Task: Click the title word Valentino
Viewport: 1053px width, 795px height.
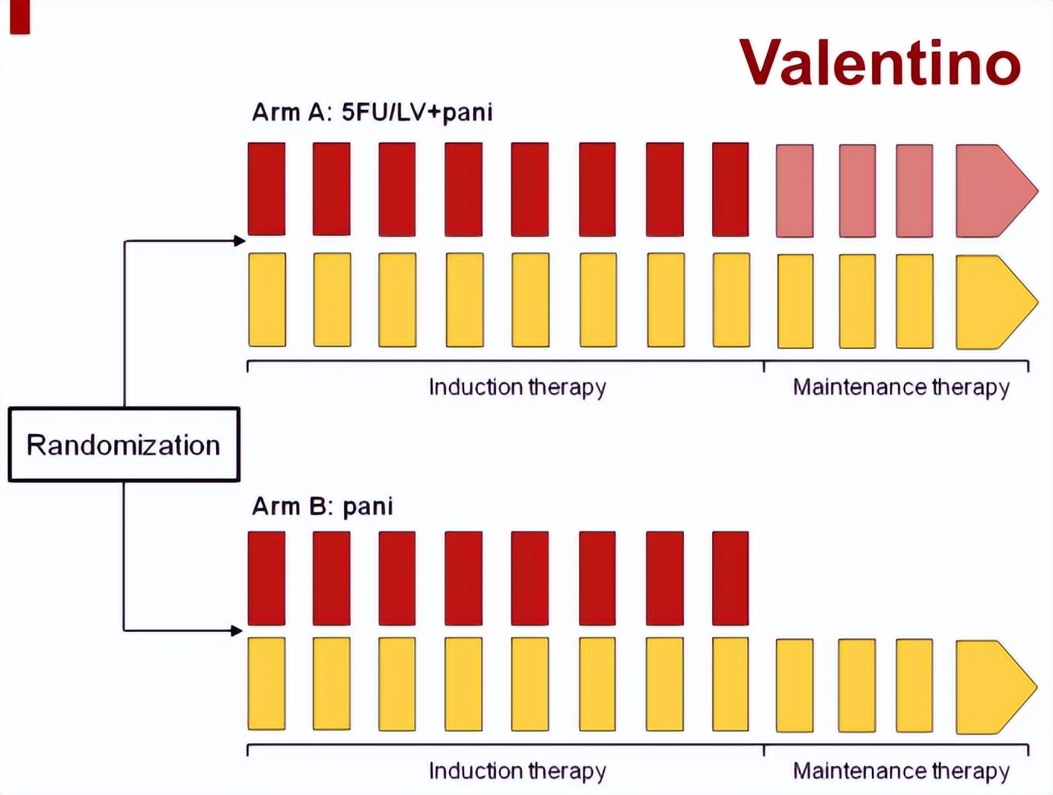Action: pos(880,62)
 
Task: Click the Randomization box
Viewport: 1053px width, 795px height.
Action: pos(124,445)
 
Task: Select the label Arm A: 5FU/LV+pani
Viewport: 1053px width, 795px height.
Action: pos(372,113)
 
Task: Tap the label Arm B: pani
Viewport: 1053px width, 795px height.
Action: pos(323,506)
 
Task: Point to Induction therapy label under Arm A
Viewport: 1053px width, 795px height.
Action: pos(517,387)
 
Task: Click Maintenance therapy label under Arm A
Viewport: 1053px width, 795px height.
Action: pos(901,387)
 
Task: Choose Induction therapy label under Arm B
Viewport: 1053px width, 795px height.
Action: pos(517,771)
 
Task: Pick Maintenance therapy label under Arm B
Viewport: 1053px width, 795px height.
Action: pos(901,771)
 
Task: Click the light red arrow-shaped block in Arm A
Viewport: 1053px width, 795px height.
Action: pos(994,190)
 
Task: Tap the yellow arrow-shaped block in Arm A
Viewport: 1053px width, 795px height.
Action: pos(994,302)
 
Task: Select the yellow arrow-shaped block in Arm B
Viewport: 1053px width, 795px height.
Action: pos(994,687)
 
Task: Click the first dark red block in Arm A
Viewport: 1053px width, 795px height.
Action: pos(267,189)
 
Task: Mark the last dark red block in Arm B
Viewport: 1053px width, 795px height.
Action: pos(730,578)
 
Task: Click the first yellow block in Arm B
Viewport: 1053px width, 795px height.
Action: pos(267,684)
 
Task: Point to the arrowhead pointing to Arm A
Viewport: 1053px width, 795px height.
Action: pos(240,241)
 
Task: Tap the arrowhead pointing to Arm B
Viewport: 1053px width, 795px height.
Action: pos(237,631)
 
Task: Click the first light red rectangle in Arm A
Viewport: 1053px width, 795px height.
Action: pos(794,191)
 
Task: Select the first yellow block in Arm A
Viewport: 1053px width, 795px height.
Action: pos(267,299)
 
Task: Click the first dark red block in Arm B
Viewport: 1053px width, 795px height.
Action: pos(267,578)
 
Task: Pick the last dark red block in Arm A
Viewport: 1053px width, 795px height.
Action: pos(730,189)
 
